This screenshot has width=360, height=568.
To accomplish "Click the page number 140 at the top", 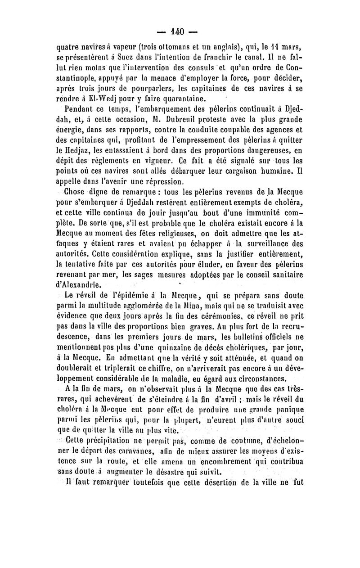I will tap(180, 32).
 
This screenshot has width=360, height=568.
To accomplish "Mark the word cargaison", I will tap(234, 171).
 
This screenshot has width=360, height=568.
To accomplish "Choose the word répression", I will tap(153, 182).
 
